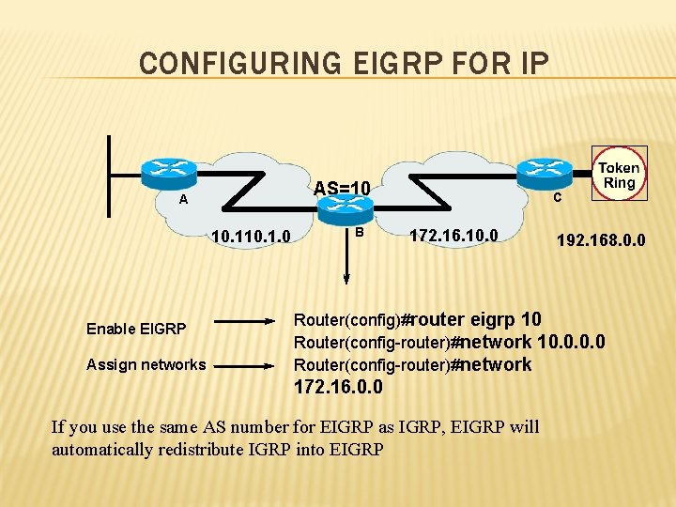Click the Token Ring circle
tap(619, 174)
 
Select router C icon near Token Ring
tap(543, 171)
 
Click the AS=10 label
tap(342, 189)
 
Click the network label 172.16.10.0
tap(453, 233)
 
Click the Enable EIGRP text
tap(136, 329)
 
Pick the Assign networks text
tap(146, 364)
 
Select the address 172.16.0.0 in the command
tap(338, 386)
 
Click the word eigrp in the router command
tap(494, 318)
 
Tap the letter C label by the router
tap(557, 198)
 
